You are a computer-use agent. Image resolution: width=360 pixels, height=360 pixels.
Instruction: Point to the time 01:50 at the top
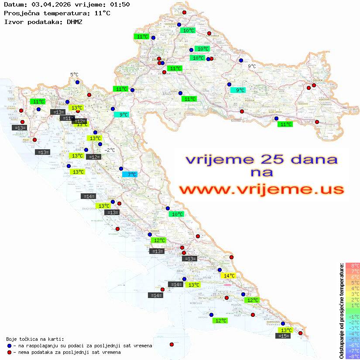(x=120, y=5)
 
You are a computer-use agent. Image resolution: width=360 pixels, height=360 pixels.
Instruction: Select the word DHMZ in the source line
(x=74, y=21)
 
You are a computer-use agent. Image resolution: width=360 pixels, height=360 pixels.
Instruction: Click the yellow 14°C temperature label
(x=228, y=276)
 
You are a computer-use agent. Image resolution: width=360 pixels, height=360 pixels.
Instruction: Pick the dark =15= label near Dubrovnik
(x=283, y=336)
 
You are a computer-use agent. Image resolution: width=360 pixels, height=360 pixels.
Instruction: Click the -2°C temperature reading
(x=109, y=150)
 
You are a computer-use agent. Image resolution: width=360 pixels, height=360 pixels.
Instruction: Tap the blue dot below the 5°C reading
(x=77, y=82)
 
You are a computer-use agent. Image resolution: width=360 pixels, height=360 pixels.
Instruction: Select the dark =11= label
(x=67, y=118)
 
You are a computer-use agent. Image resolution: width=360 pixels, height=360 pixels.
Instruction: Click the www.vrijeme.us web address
(x=261, y=190)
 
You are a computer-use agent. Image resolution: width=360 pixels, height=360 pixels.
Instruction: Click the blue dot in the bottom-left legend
(x=10, y=346)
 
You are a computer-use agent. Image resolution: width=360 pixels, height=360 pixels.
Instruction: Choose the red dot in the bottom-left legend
(x=10, y=352)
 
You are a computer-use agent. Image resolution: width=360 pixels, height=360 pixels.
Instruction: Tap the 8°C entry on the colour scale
(x=352, y=266)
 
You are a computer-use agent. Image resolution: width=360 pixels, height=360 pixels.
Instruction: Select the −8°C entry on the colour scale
(x=352, y=356)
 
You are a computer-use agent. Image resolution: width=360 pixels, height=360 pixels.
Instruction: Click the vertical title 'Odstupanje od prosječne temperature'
(x=341, y=311)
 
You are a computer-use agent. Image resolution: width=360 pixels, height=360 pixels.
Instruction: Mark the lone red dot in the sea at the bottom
(x=171, y=344)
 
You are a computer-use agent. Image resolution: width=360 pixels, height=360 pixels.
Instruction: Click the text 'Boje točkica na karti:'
(x=35, y=339)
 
